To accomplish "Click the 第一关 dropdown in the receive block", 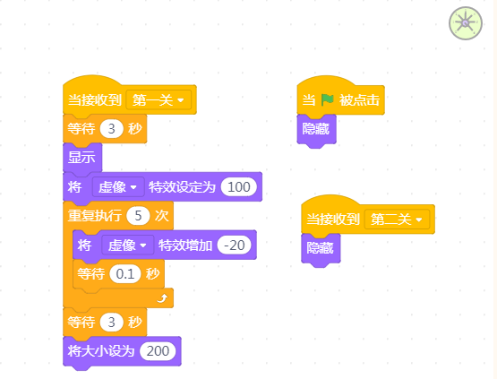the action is [159, 100].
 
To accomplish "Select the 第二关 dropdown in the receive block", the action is [397, 220].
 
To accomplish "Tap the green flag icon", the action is [327, 100].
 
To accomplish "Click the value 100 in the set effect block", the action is [239, 186].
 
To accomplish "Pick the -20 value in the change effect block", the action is [235, 245].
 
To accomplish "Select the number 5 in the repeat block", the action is [138, 216].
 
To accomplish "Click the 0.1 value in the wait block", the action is [125, 274].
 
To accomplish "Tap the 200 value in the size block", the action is [158, 351].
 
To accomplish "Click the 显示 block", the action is [82, 158].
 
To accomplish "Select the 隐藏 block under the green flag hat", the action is [316, 130].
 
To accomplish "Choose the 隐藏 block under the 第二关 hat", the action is [321, 249].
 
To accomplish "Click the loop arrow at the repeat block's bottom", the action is [163, 298].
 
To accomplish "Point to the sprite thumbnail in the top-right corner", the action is [466, 23].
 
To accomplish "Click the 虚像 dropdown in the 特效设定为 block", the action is [118, 186].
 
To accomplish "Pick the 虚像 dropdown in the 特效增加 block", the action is [127, 245].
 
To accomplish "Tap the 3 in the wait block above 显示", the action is [111, 129].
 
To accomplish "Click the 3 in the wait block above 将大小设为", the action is [111, 323].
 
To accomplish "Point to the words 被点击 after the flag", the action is [360, 100].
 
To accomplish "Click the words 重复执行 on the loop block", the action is [95, 216].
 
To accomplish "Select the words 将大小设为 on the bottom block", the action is [101, 351].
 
